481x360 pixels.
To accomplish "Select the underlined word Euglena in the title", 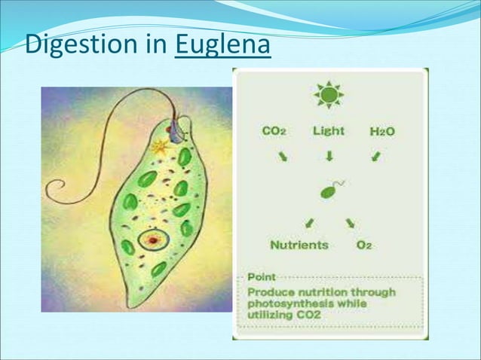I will click(222, 46).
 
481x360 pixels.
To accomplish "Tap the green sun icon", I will click(329, 95).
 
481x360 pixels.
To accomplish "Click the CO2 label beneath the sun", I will click(274, 131).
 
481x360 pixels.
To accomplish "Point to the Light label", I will click(329, 131).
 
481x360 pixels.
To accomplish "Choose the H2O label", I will click(382, 132).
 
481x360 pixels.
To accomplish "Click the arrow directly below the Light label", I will click(329, 157).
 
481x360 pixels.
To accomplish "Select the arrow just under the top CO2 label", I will click(282, 157).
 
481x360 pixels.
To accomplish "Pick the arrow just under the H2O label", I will click(375, 157).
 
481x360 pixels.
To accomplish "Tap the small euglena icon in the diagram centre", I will click(330, 191).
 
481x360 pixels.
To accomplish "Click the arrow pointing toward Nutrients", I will click(309, 223).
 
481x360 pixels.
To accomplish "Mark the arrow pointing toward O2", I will click(351, 223).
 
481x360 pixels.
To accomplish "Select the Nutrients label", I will click(299, 245).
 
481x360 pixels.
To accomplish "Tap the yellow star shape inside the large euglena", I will click(159, 148).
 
